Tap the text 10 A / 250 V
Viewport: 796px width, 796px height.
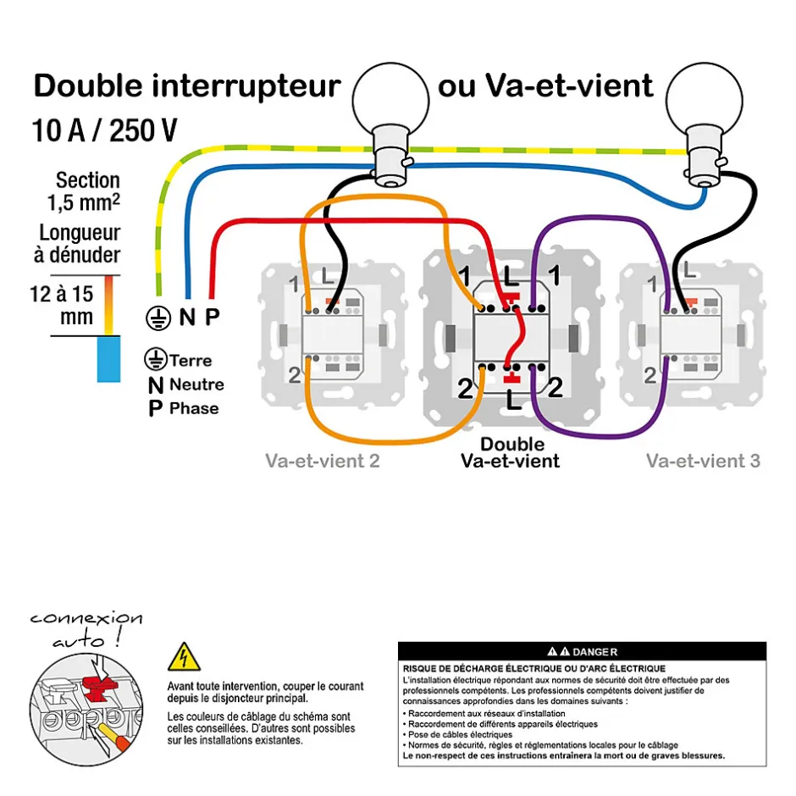[105, 130]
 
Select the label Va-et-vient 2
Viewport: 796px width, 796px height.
[322, 462]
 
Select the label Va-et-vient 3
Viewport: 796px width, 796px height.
[703, 462]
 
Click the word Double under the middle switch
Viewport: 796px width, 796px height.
[512, 444]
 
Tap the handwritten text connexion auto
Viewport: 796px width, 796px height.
[85, 628]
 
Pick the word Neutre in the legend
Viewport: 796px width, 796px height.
[196, 384]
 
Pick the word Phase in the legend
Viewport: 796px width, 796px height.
[194, 409]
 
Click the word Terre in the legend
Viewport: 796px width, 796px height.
[190, 361]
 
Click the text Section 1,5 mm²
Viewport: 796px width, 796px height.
[85, 191]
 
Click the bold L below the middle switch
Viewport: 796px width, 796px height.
[513, 401]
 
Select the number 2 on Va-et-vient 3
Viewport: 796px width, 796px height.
[650, 375]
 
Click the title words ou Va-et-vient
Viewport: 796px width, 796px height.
[546, 86]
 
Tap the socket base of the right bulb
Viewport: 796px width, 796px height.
[702, 161]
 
